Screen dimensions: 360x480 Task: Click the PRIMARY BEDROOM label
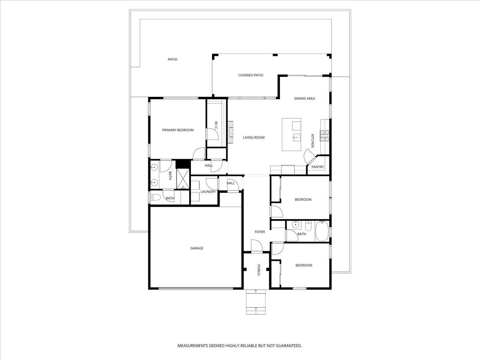178,130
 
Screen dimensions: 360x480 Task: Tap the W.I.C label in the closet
216,125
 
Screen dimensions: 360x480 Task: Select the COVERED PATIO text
250,75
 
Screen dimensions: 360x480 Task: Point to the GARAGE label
196,248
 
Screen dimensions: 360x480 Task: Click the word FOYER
260,232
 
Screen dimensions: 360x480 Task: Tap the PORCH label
259,270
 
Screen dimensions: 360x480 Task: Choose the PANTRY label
318,167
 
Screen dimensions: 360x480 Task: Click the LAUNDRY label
208,192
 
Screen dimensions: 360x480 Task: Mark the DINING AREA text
304,98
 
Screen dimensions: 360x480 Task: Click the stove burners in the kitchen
324,136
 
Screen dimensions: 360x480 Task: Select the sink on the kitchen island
296,138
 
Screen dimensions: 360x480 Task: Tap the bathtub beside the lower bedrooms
322,232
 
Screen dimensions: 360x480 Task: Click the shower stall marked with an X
183,179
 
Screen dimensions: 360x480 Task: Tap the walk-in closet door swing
212,134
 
